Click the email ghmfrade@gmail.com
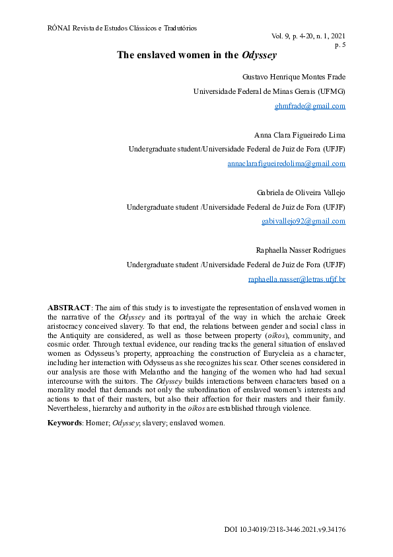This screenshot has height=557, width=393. pos(310,106)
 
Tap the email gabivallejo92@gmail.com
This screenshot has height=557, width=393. pos(304,221)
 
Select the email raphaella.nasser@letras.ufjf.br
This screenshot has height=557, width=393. pos(297,279)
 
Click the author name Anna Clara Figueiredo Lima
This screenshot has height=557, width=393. pos(299,134)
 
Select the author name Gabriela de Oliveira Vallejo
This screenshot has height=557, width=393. pos(301,193)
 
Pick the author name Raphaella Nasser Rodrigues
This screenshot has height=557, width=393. pos(301,250)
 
